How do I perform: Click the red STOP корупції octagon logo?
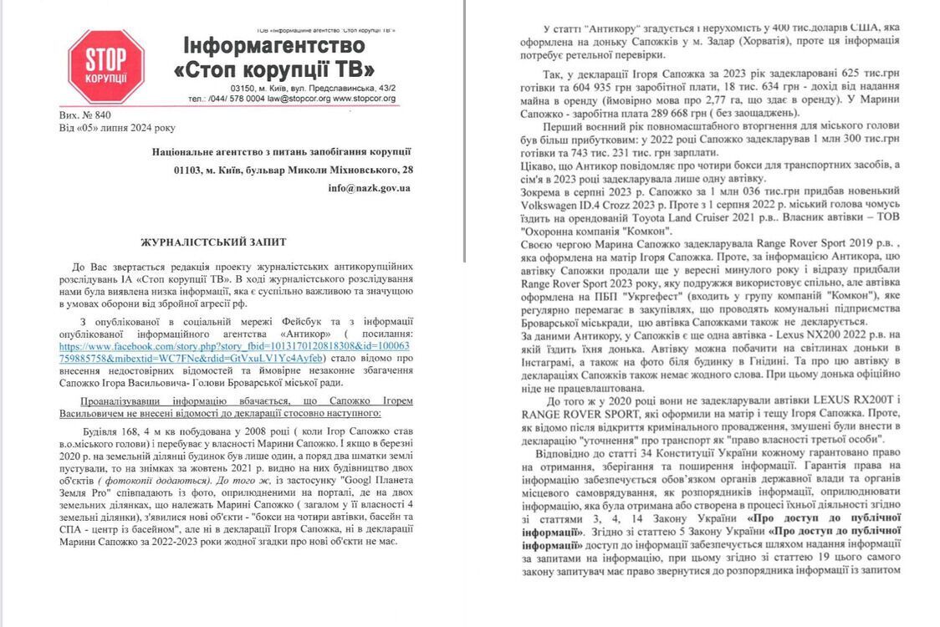(105, 66)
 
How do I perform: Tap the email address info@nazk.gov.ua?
(369, 189)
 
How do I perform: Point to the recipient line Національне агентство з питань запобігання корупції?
(281, 151)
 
